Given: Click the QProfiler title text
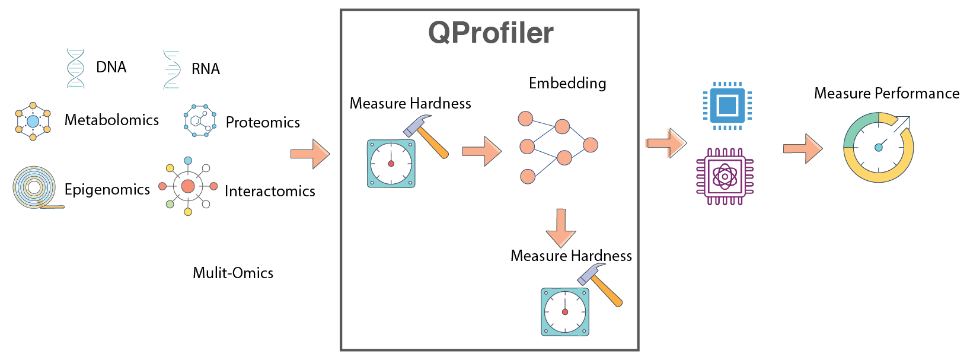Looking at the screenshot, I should coord(490,33).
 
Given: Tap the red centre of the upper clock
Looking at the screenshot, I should coord(391,163).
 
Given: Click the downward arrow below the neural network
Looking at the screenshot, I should coord(561,228).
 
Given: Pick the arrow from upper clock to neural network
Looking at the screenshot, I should coord(481,151).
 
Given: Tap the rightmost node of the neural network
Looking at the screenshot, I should coord(590,144).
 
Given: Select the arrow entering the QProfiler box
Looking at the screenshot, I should coord(309,154).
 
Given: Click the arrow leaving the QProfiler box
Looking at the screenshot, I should coord(665,143).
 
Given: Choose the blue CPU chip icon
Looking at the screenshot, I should coord(727,106).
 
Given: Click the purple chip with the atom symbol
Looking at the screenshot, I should coord(725,176).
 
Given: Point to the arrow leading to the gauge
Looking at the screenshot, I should coord(803,148).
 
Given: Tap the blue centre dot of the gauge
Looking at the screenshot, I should coord(878,148).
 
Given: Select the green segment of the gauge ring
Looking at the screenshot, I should coord(854,131).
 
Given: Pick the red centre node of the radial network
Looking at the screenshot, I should coord(188,186).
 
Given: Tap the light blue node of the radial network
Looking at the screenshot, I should coord(188,161).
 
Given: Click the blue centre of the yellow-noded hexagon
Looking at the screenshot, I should coord(33,122).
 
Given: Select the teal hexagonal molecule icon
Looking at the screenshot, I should coord(200,120).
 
